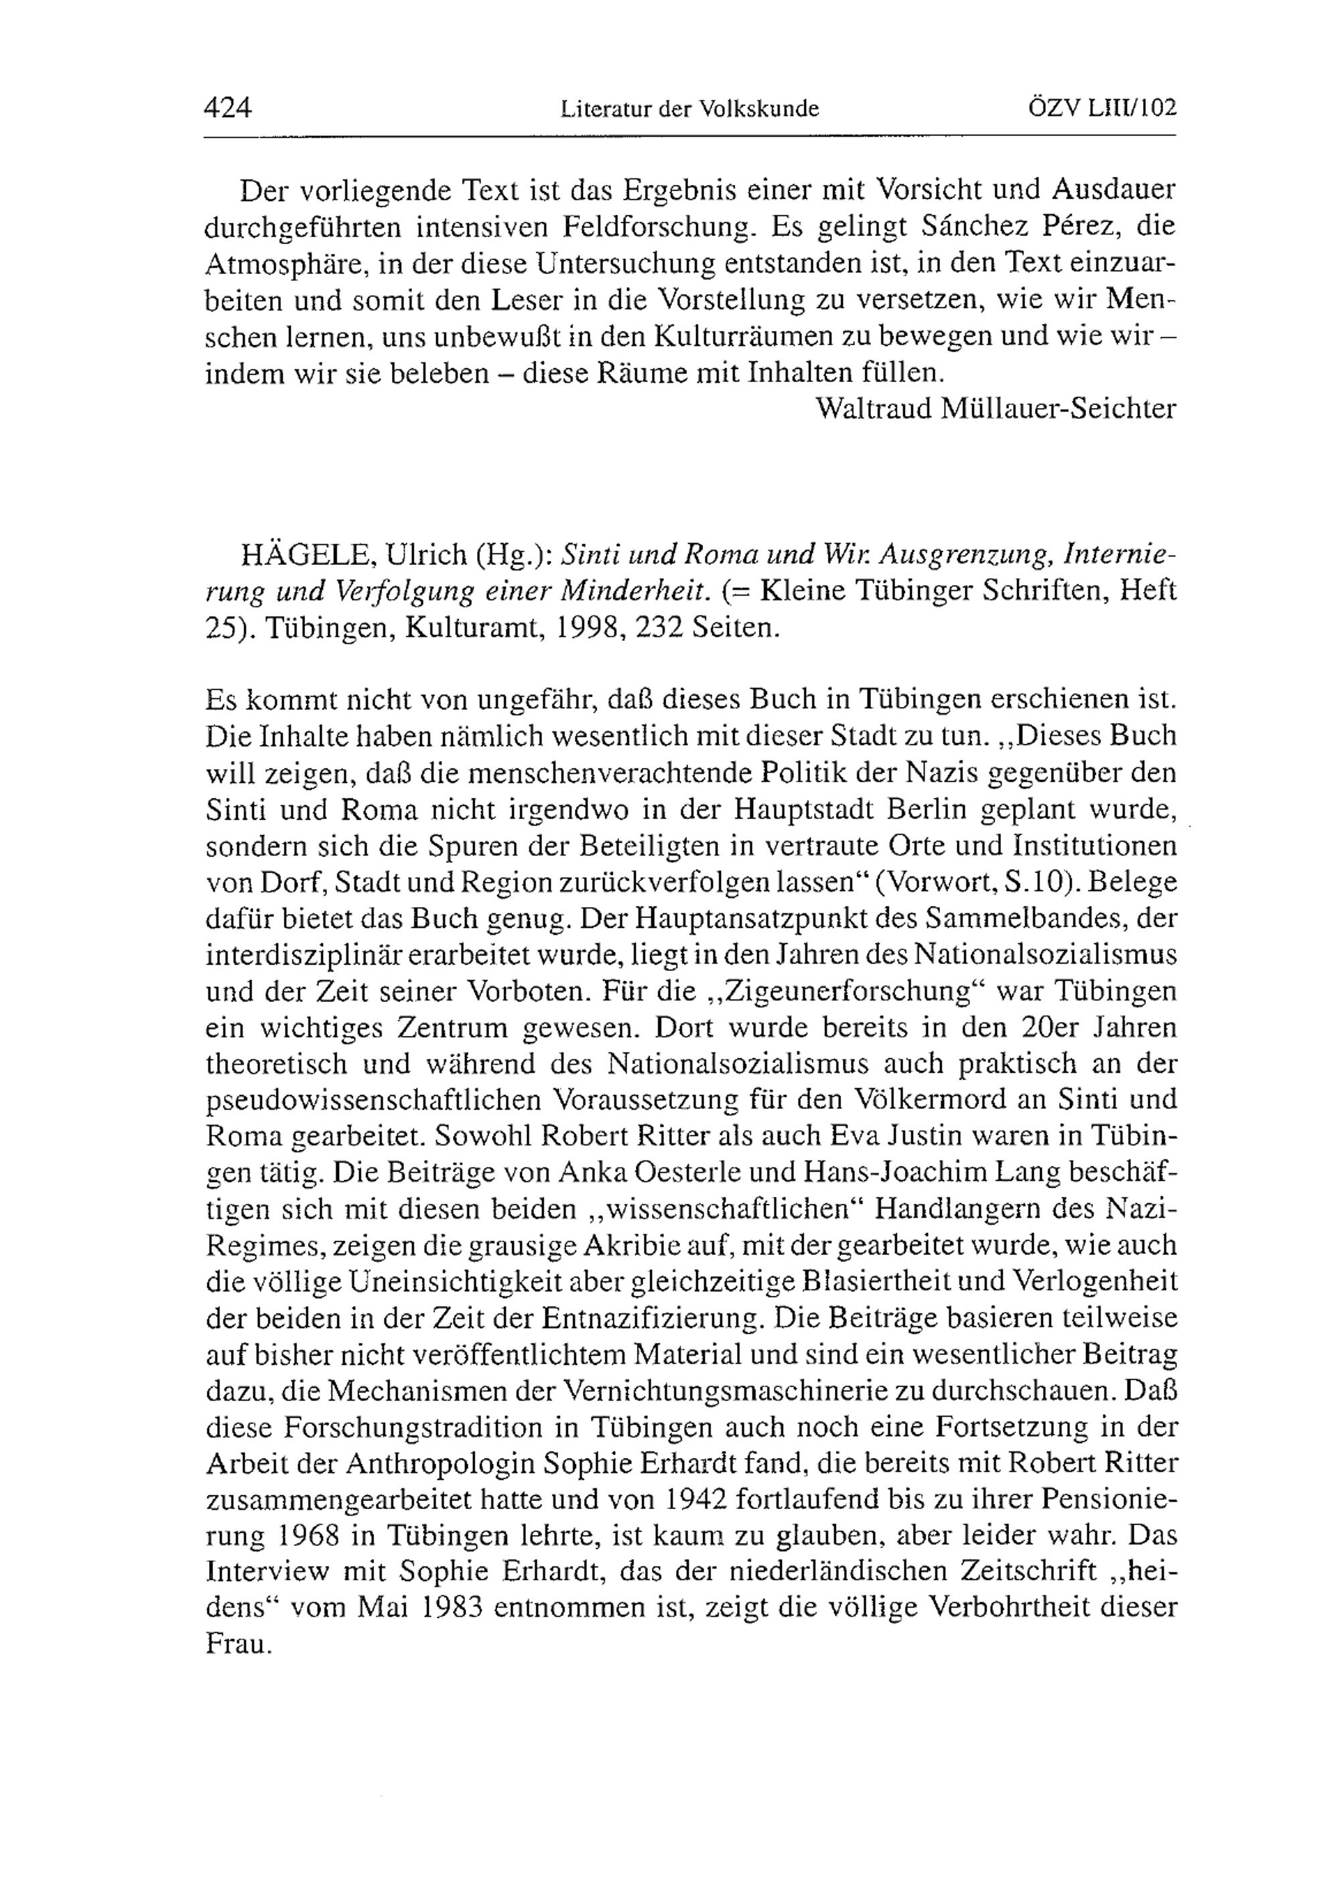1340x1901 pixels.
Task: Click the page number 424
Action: (228, 109)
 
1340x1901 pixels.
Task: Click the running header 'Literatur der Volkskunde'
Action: (689, 109)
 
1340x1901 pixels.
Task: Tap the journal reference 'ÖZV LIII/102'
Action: (1101, 109)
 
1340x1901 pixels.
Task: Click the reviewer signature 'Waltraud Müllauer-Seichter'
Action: (996, 408)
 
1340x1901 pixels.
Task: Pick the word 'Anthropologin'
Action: (440, 1465)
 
